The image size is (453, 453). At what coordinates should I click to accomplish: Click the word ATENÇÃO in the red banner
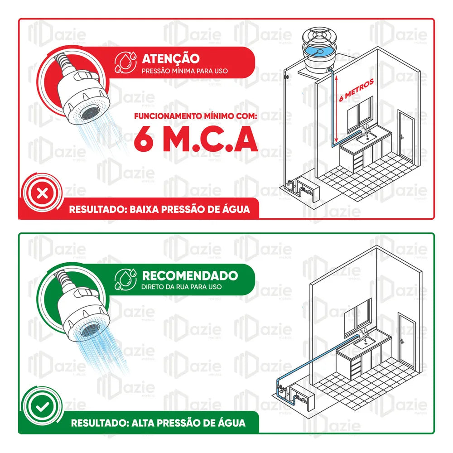point(170,58)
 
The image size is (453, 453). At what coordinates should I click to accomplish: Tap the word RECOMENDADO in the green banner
point(190,275)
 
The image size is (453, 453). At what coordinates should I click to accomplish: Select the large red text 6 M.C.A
point(196,139)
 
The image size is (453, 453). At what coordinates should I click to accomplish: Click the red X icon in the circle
point(43,193)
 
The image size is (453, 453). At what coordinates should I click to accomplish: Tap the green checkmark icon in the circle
point(43,407)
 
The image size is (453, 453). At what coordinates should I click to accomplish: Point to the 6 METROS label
point(356,90)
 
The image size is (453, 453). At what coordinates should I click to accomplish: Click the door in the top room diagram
point(406,136)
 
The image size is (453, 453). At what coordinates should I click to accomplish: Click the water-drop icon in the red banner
point(125,62)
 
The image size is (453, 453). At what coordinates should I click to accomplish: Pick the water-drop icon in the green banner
point(125,280)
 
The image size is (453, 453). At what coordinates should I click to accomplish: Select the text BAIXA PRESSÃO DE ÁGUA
point(190,209)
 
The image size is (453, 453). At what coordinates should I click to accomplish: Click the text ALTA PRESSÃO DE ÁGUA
point(188,423)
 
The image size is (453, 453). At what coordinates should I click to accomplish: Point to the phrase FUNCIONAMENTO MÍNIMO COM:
point(196,116)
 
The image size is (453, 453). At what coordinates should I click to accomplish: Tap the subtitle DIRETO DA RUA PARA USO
point(182,287)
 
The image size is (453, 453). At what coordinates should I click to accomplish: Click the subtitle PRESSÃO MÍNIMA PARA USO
point(185,71)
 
